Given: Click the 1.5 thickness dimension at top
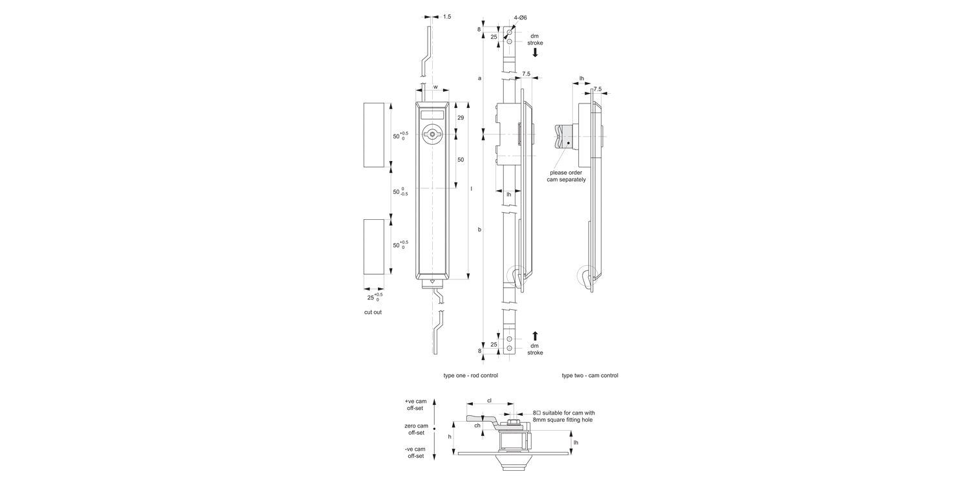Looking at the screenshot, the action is coord(447,17).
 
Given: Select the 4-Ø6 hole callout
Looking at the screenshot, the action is coord(521,17).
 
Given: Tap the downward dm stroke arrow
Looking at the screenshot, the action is coord(535,52).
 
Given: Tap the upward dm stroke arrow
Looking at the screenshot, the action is coord(535,336).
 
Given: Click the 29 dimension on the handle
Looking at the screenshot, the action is coord(461,118).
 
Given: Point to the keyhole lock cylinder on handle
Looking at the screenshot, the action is coord(433,135).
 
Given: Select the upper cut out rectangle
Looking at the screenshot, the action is coord(374,135).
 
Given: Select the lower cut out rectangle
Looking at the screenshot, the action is coord(374,247).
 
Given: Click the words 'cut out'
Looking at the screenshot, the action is coord(373,312).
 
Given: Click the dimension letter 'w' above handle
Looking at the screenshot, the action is coord(435,87).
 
